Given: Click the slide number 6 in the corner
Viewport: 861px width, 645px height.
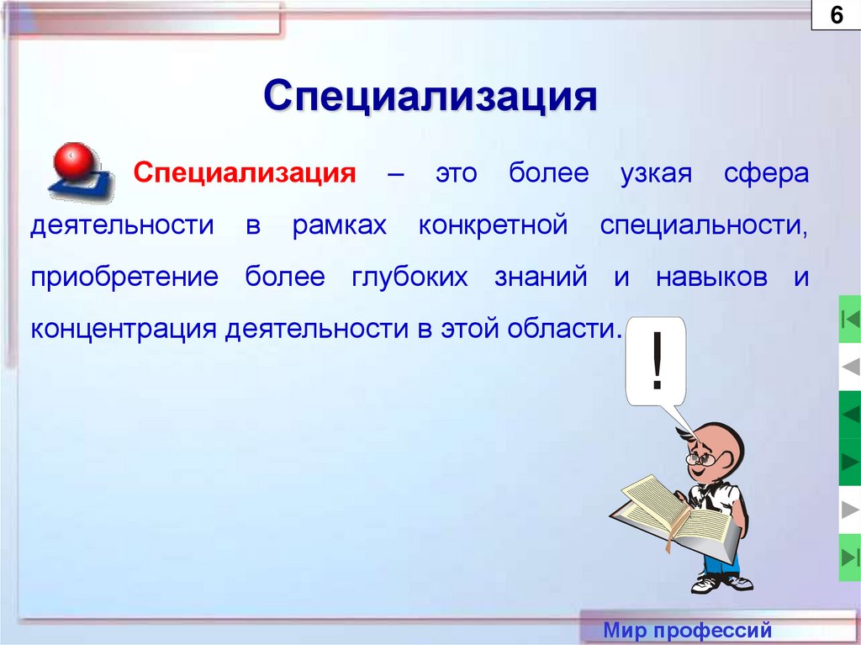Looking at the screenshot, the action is pyautogui.click(x=836, y=15).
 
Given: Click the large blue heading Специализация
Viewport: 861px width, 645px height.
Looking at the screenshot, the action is pyautogui.click(x=430, y=97).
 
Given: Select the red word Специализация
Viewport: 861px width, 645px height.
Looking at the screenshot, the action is pyautogui.click(x=245, y=173).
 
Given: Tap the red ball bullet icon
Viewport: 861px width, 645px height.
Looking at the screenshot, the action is pyautogui.click(x=73, y=161).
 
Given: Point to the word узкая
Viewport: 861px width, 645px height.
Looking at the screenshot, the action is pyautogui.click(x=656, y=173).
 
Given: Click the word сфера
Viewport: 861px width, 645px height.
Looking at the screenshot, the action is pyautogui.click(x=766, y=173).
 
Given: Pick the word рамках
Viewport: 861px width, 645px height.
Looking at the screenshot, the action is pyautogui.click(x=340, y=225).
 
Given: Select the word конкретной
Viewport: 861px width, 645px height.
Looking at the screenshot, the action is pyautogui.click(x=493, y=225).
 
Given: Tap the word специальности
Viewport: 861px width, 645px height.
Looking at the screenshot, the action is pyautogui.click(x=704, y=226).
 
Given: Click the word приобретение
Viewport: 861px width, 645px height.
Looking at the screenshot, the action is pyautogui.click(x=124, y=277).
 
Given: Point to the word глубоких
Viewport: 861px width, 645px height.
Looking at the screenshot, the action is pyautogui.click(x=409, y=277).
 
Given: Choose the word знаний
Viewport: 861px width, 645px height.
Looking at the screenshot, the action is pyautogui.click(x=541, y=277).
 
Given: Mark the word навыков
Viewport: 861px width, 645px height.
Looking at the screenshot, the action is pyautogui.click(x=711, y=277).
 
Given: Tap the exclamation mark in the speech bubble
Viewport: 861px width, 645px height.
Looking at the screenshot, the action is pyautogui.click(x=657, y=360).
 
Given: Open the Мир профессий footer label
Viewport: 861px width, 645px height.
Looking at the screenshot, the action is pyautogui.click(x=688, y=630).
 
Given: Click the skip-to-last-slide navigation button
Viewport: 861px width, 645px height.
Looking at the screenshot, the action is pyautogui.click(x=850, y=558).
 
